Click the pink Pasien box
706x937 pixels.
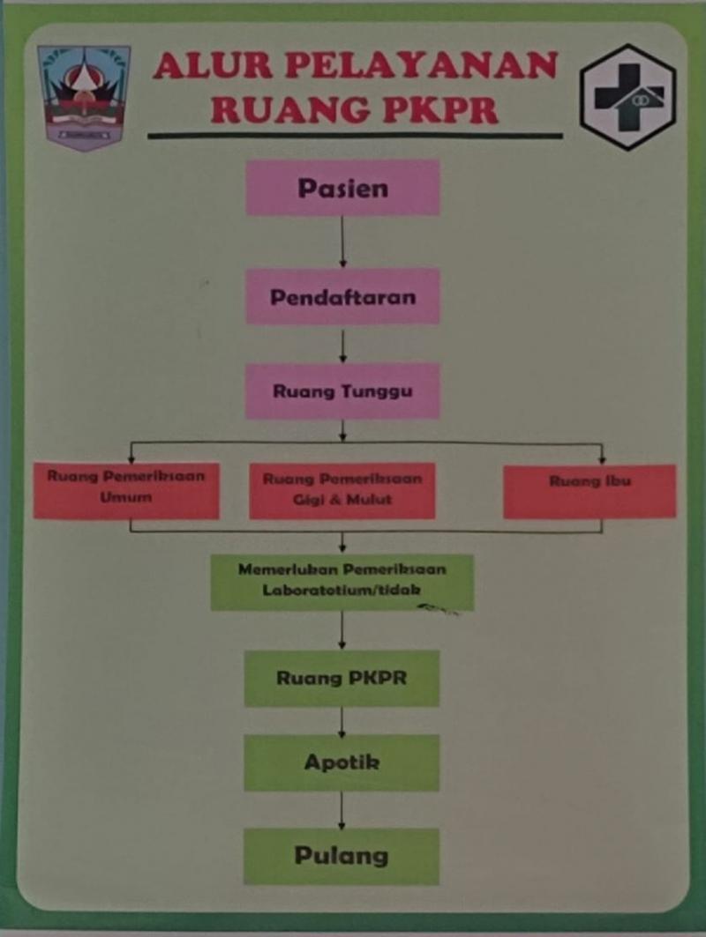click(x=342, y=188)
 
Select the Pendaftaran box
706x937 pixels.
click(x=342, y=296)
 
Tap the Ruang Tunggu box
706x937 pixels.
click(x=342, y=390)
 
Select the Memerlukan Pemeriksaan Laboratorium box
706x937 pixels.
click(x=342, y=581)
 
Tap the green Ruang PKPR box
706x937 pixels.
click(x=342, y=678)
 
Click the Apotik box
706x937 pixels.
click(x=342, y=762)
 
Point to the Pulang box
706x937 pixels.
click(x=342, y=856)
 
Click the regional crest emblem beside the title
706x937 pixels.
click(x=84, y=97)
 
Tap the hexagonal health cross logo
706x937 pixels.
click(x=627, y=96)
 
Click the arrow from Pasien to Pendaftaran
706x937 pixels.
click(x=342, y=242)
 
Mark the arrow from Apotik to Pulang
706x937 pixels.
click(x=342, y=809)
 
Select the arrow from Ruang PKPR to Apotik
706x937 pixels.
click(x=342, y=720)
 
